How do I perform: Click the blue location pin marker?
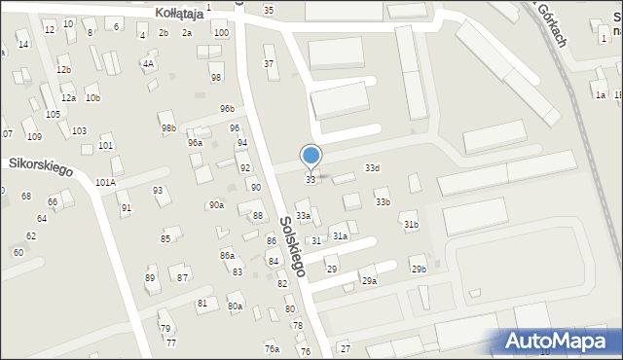pyautogui.click(x=311, y=156)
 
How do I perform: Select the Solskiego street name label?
pyautogui.click(x=292, y=246)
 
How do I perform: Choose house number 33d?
pyautogui.click(x=372, y=168)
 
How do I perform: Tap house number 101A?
pyautogui.click(x=105, y=182)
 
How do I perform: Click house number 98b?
pyautogui.click(x=168, y=128)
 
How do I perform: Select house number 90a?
pyautogui.click(x=216, y=205)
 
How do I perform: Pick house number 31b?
pyautogui.click(x=411, y=225)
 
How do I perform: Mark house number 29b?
pyautogui.click(x=418, y=269)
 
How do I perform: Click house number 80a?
pyautogui.click(x=235, y=306)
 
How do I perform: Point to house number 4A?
pyautogui.click(x=148, y=64)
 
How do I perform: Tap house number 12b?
pyautogui.click(x=63, y=70)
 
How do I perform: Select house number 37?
pyautogui.click(x=270, y=63)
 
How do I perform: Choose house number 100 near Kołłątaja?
pyautogui.click(x=221, y=33)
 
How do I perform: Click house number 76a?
pyautogui.click(x=271, y=348)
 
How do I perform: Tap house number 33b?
pyautogui.click(x=383, y=202)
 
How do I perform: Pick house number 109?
pyautogui.click(x=34, y=136)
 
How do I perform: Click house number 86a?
pyautogui.click(x=227, y=255)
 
